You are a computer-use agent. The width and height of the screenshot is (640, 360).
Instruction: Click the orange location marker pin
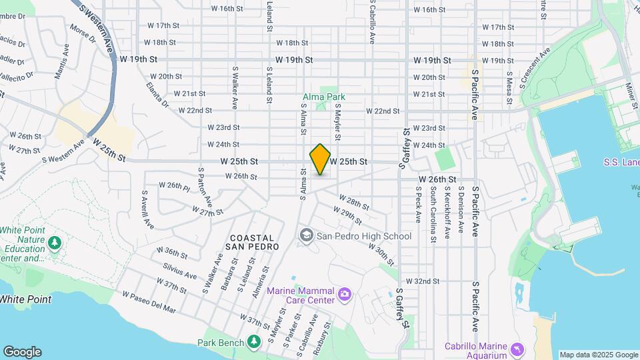pos(321,159)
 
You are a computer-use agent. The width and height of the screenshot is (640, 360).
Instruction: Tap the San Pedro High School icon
pos(306,235)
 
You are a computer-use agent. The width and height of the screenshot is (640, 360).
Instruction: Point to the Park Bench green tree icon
pos(253,342)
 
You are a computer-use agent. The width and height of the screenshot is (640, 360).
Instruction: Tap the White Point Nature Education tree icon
pos(55,243)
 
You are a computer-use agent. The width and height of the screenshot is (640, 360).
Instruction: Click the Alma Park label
pos(324,97)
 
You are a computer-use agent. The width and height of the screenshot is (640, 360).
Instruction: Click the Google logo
pos(22,351)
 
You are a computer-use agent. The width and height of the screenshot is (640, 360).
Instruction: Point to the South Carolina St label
pos(433,212)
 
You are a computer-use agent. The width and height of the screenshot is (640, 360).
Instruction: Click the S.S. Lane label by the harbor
pos(621,162)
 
